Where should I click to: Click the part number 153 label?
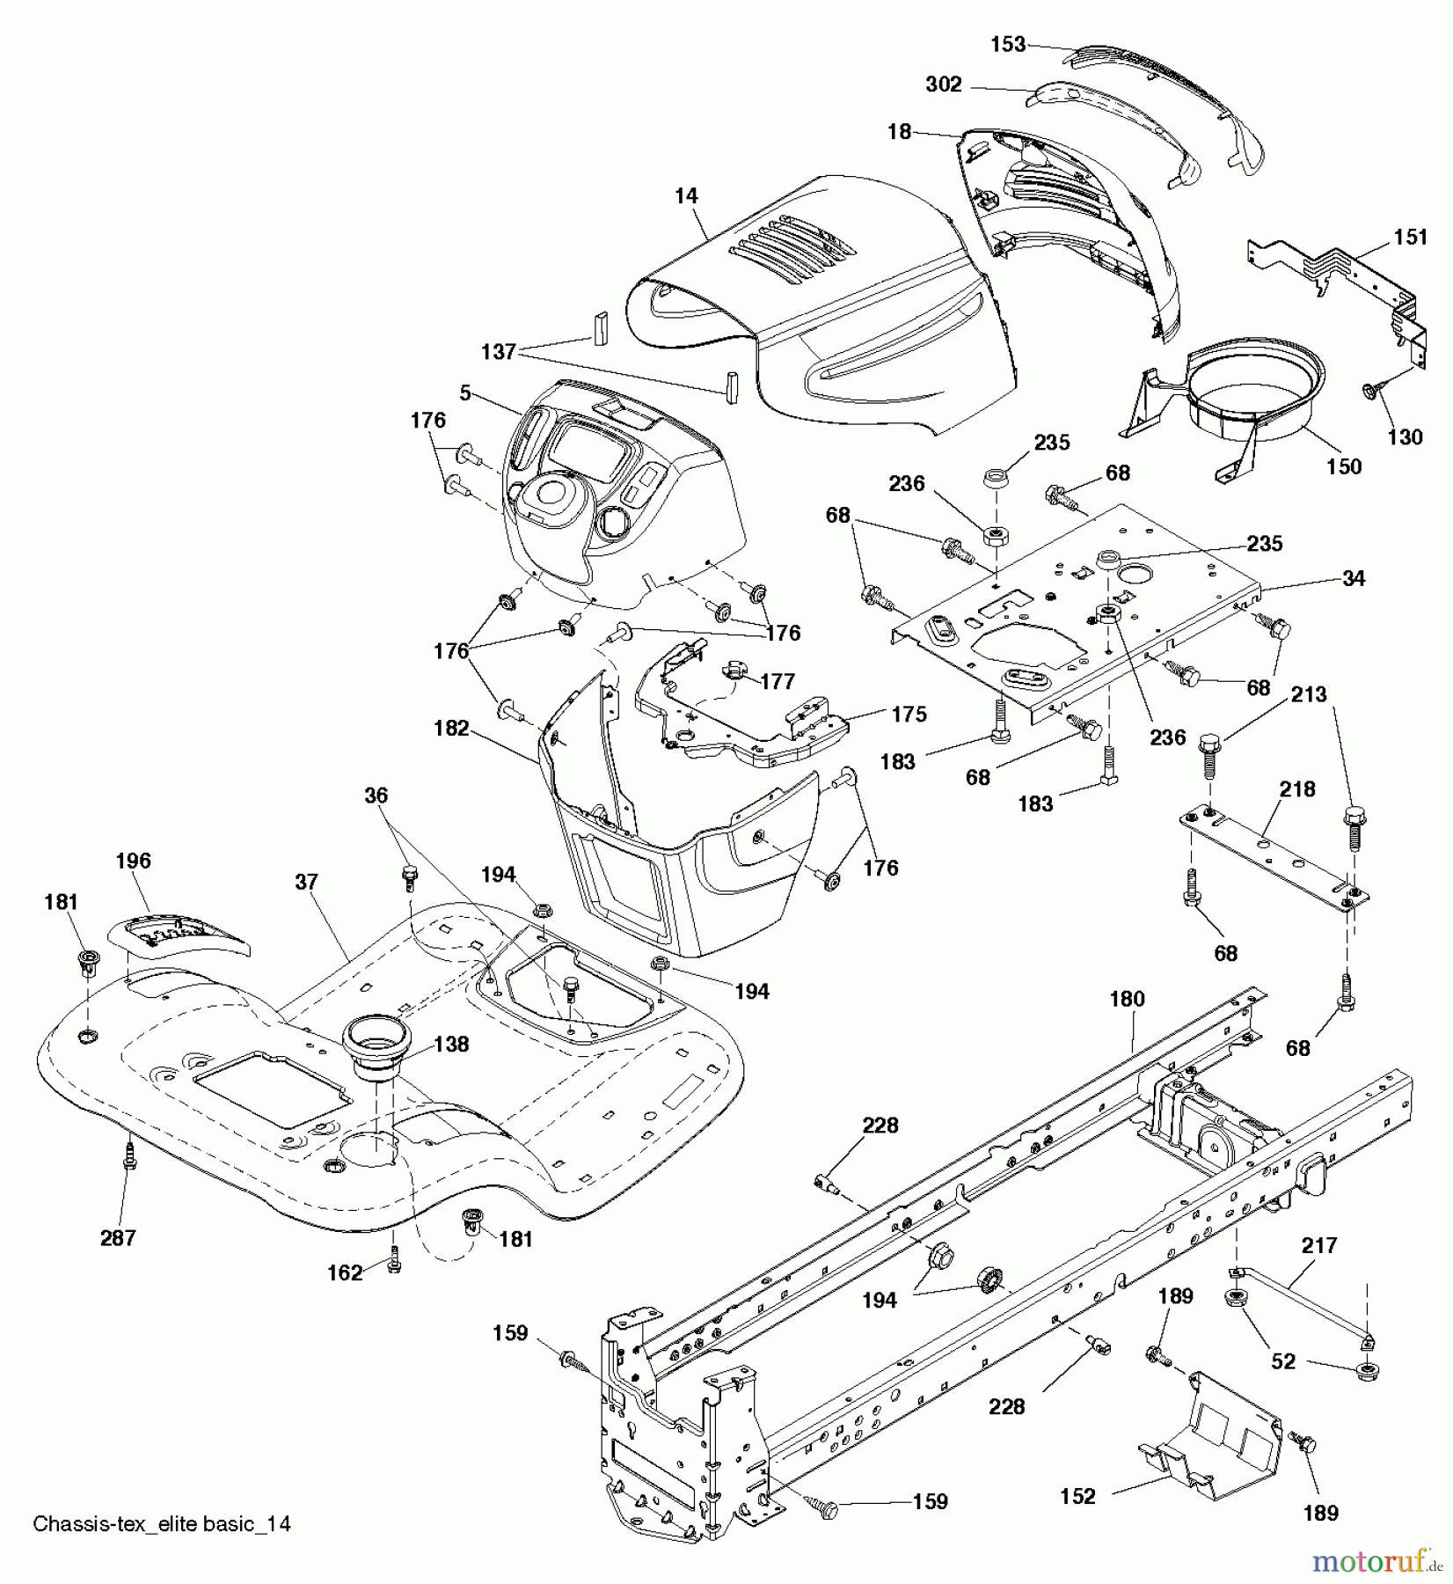point(1008,44)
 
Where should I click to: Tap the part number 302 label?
point(944,84)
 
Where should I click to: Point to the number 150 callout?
point(1343,466)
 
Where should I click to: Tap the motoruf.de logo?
point(1376,1561)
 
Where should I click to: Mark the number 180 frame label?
point(1127,999)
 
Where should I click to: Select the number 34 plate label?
point(1353,578)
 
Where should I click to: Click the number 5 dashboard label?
point(465,392)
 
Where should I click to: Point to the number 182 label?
point(451,729)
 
